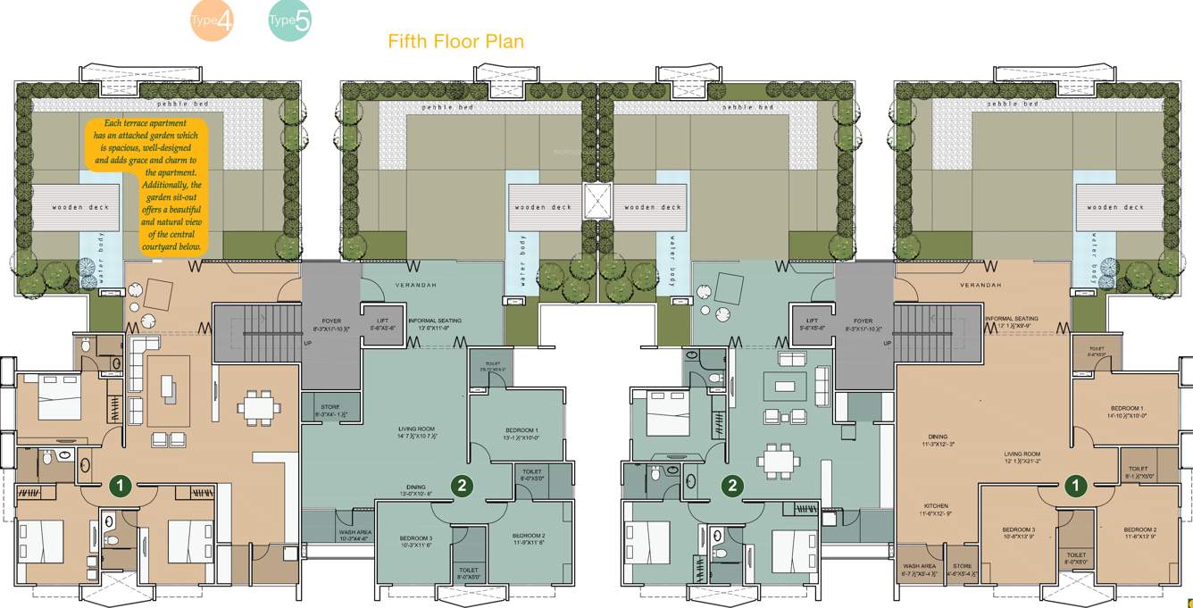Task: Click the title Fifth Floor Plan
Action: pos(455,41)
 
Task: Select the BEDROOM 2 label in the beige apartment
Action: pos(1140,529)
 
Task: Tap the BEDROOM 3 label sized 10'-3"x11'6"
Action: pos(416,538)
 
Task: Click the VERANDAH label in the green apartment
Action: pos(414,286)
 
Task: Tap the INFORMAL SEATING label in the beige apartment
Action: pos(1012,319)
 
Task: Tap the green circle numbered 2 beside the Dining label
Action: pos(461,486)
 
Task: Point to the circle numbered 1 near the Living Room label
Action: pos(1075,486)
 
